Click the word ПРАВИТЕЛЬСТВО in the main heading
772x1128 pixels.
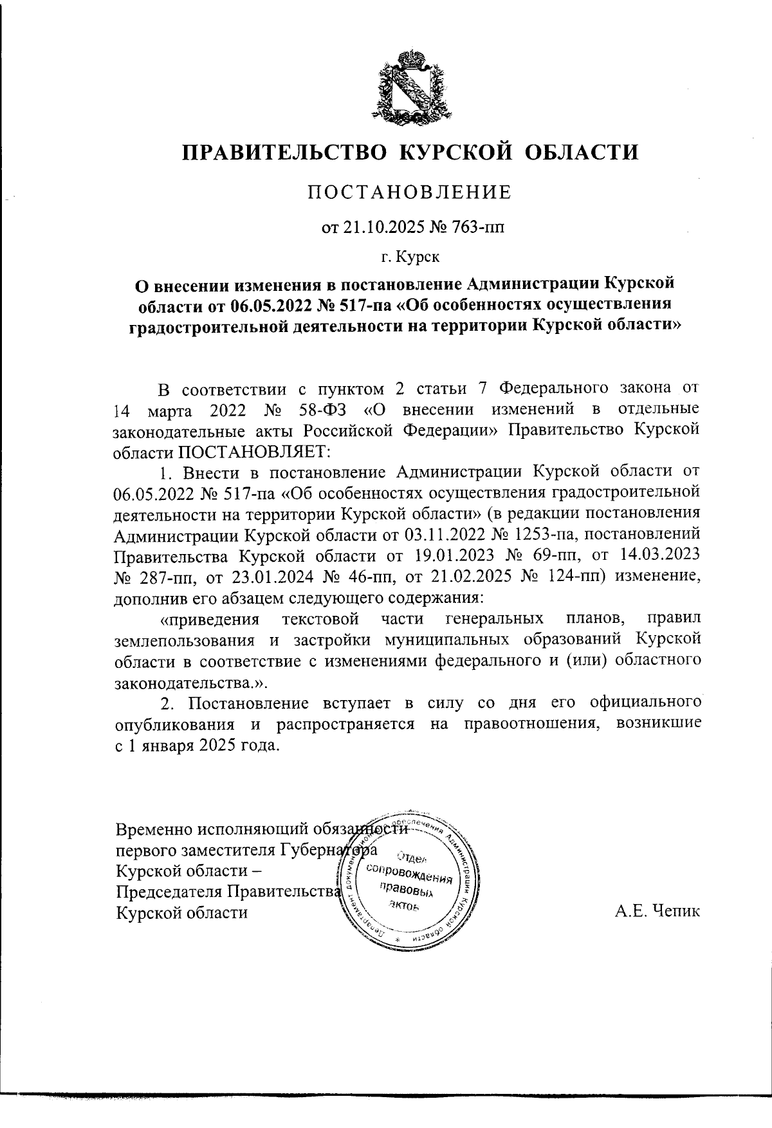tap(284, 152)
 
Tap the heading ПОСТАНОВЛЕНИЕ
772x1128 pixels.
tap(409, 192)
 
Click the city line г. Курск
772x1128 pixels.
tap(410, 258)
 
